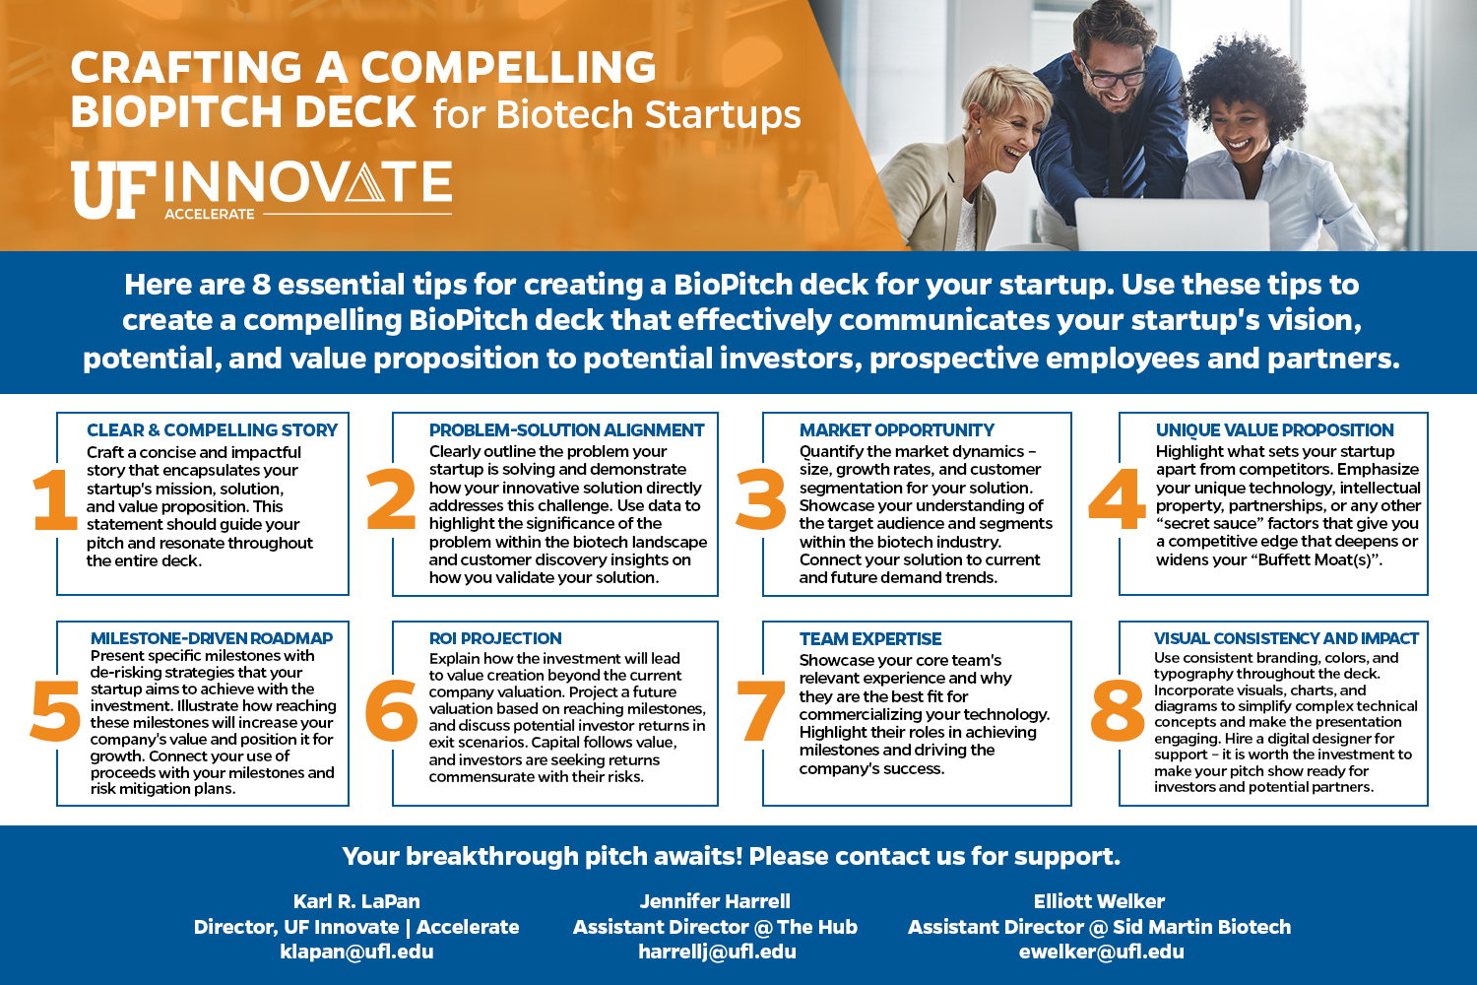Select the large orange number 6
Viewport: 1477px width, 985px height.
(391, 710)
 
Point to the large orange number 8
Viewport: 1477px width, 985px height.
(1118, 710)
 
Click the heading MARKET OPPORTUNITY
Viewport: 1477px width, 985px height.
(897, 430)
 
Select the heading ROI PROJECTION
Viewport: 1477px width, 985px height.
(495, 638)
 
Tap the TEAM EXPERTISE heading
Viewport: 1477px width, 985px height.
(870, 638)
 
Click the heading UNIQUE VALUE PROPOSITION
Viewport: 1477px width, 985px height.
(1274, 430)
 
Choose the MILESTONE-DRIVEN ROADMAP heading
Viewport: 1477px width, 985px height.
(212, 638)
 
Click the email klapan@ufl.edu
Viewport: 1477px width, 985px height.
(356, 952)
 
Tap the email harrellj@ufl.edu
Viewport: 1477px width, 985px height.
(718, 952)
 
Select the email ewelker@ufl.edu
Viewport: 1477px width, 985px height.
(1101, 952)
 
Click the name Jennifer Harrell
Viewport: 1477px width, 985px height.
(715, 901)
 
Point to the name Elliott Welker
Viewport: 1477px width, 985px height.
(1099, 901)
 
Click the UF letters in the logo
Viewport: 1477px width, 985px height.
(113, 191)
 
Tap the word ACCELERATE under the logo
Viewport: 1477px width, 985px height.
(210, 215)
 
